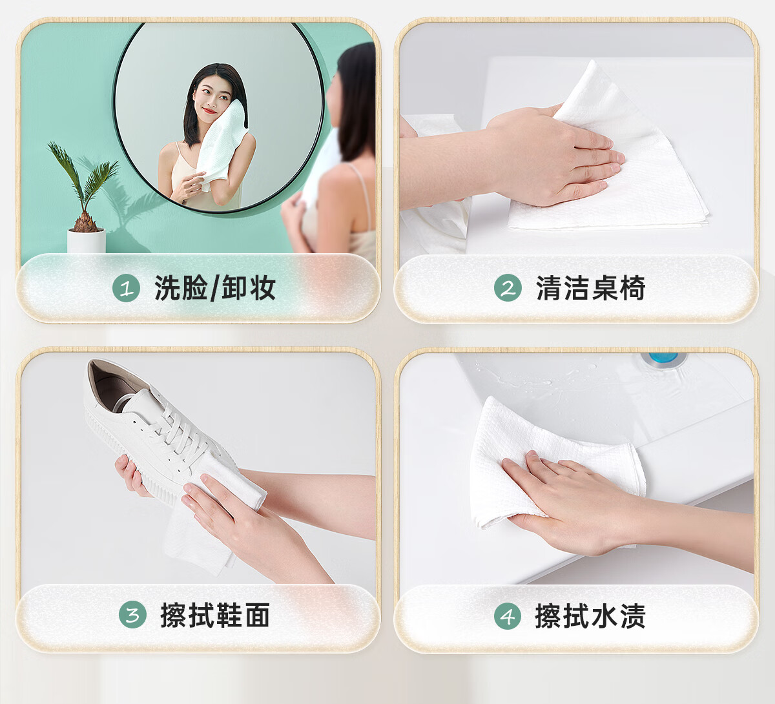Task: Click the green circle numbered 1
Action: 126,288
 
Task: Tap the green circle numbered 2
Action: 508,287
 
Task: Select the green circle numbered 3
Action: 132,614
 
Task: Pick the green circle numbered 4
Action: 508,616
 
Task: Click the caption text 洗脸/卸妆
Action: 215,288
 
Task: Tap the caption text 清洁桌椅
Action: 591,288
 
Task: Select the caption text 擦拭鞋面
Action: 215,615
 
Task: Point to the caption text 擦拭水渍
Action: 590,616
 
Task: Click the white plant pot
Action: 87,241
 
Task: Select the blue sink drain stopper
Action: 663,357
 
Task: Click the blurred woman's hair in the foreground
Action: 355,101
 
